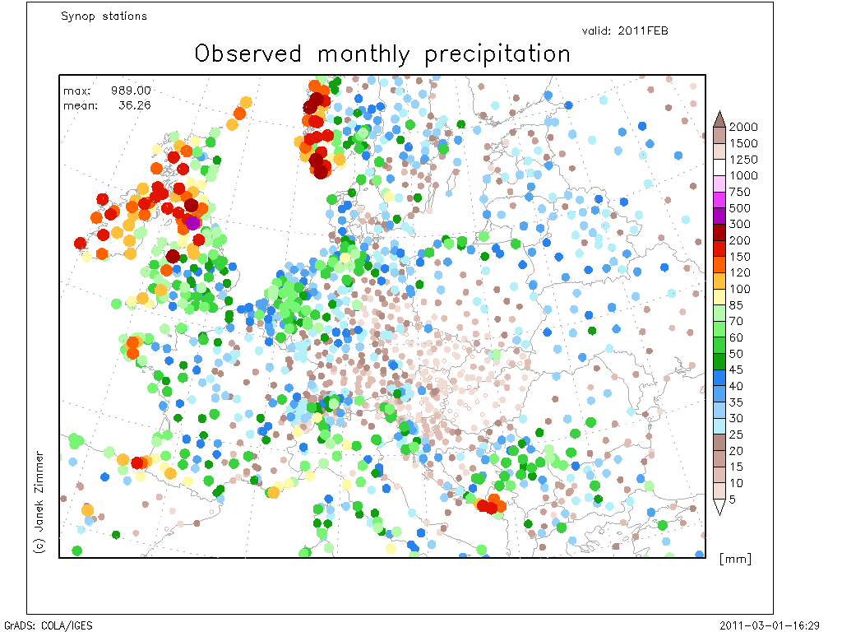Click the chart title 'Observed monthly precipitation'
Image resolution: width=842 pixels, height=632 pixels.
click(382, 54)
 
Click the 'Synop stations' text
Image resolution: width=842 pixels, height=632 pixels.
click(104, 16)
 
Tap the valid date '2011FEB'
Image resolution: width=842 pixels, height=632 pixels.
click(643, 30)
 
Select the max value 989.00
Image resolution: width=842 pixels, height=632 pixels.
click(131, 91)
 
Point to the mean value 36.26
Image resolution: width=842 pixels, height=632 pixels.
click(134, 105)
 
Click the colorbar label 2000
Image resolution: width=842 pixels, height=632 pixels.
click(743, 127)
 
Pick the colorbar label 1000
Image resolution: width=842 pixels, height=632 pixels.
click(743, 175)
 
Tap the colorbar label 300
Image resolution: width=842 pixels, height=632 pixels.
click(739, 224)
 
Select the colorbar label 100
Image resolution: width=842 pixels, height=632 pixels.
click(739, 289)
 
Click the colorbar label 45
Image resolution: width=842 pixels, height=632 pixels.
click(736, 369)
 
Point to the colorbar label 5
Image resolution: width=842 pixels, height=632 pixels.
click(732, 500)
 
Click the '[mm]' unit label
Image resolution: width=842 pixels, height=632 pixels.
click(735, 559)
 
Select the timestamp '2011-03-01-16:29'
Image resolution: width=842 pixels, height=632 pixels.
click(770, 625)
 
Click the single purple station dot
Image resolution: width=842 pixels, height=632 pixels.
click(192, 222)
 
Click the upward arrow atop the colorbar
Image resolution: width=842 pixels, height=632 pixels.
click(719, 119)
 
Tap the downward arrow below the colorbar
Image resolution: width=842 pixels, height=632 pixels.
click(719, 507)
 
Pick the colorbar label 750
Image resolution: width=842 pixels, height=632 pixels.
click(739, 192)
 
